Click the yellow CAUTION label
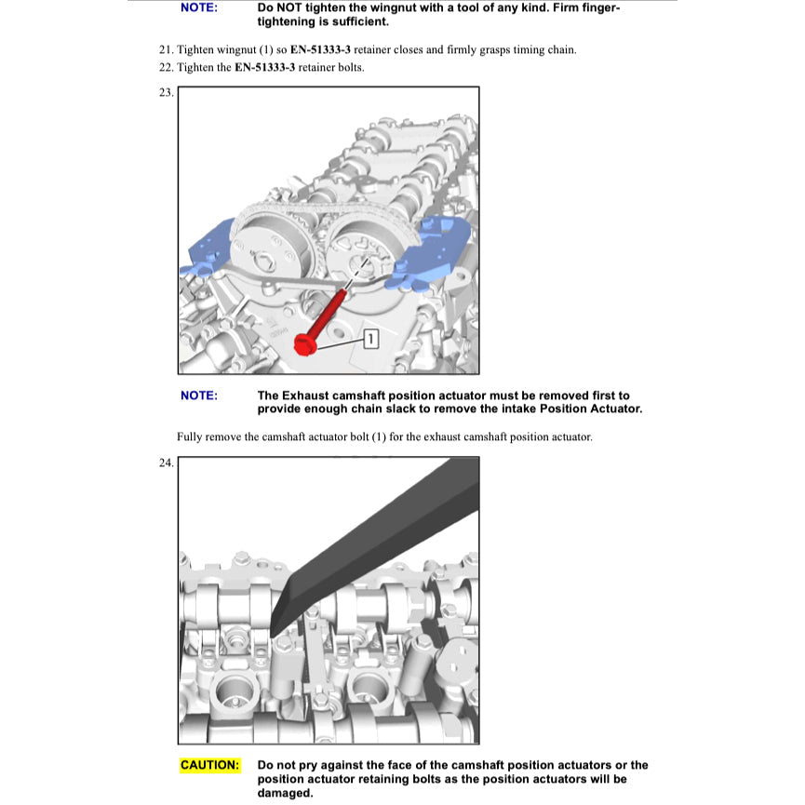[x=209, y=765]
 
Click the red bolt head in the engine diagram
[x=303, y=345]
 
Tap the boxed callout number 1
[x=370, y=338]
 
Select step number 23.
[x=167, y=92]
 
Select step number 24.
[x=167, y=463]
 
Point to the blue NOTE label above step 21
[x=199, y=7]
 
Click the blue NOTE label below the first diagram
[x=199, y=396]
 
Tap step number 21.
[x=167, y=49]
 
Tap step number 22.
[x=167, y=68]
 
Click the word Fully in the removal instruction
[x=190, y=436]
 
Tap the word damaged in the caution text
[x=285, y=793]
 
